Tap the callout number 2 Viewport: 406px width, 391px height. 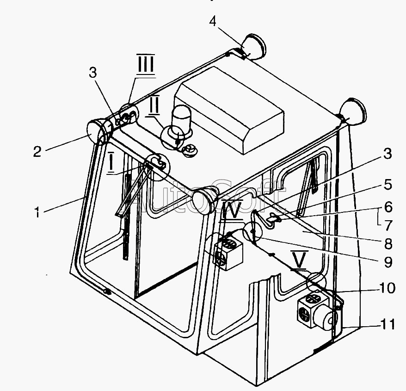coord(37,151)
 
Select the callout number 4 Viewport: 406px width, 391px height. coord(212,21)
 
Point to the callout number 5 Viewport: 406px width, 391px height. coord(388,185)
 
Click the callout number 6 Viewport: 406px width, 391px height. coord(388,206)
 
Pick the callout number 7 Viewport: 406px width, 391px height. coord(388,225)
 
